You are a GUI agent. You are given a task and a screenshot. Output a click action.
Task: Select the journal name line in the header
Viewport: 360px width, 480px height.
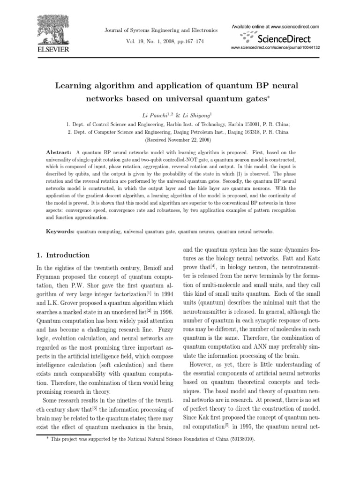click(x=161, y=30)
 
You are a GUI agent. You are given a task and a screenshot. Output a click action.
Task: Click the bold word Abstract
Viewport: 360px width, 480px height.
click(x=59, y=152)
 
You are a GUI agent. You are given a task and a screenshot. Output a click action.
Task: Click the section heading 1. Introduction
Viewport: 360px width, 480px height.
click(x=63, y=255)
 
